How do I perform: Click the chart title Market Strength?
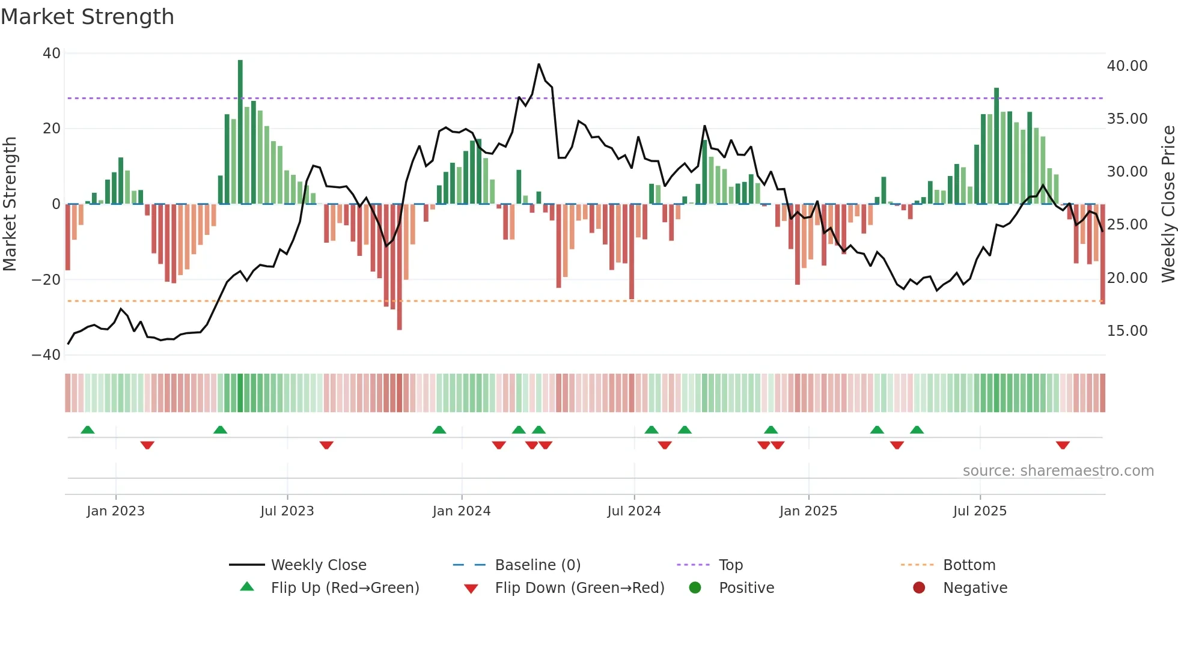[x=87, y=17]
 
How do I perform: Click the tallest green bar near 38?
[x=240, y=132]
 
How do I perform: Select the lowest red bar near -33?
[x=400, y=267]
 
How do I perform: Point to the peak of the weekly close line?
[x=539, y=64]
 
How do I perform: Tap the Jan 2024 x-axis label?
[x=462, y=511]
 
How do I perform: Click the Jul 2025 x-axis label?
[x=980, y=511]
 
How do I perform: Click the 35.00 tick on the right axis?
[x=1127, y=119]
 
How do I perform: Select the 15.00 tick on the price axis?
[x=1127, y=331]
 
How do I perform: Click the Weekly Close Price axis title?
[x=1168, y=204]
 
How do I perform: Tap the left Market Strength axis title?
[x=10, y=204]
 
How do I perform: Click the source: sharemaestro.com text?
[x=1058, y=471]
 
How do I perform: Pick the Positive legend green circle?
[x=695, y=588]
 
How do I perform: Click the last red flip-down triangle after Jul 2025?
[x=1063, y=445]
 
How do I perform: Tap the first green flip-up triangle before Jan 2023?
[x=88, y=430]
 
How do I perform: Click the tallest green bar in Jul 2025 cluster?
[x=996, y=146]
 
